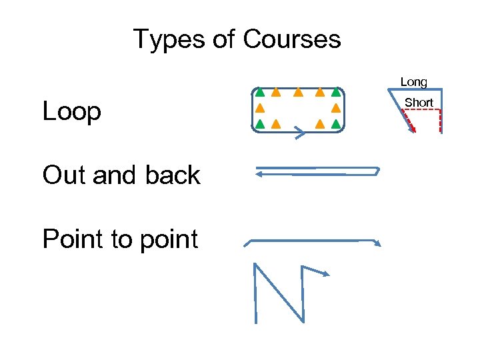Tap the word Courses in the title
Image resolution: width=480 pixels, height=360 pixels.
tap(292, 39)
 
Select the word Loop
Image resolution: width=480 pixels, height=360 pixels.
tap(72, 111)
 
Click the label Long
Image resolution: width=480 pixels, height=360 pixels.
tap(413, 82)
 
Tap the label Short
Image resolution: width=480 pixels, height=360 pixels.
tap(419, 103)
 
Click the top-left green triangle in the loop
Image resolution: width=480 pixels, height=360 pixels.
tap(260, 93)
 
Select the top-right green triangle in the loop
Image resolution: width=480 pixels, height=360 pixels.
tap(336, 93)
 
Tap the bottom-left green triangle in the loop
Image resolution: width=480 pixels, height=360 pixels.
tap(260, 123)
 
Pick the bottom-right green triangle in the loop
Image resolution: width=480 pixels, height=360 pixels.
tap(336, 123)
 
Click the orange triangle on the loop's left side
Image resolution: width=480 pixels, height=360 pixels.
tap(260, 108)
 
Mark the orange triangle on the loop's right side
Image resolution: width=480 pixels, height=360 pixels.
tap(336, 108)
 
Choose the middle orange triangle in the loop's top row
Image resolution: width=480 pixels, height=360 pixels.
tap(298, 93)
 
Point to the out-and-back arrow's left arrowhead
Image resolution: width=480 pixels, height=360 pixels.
tap(259, 175)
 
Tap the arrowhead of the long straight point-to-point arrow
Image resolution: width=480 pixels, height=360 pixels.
tap(377, 243)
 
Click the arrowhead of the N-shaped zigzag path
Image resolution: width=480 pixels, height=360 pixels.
tap(326, 273)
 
